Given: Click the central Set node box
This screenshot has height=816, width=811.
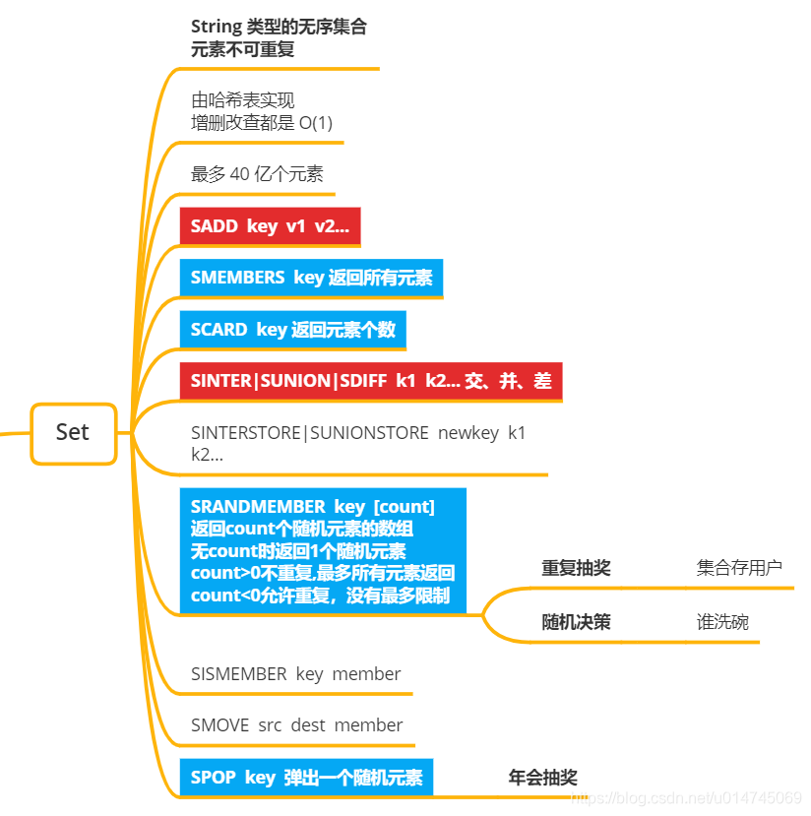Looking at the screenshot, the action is click(x=73, y=432).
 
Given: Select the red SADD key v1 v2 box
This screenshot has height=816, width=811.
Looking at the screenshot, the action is click(x=270, y=226).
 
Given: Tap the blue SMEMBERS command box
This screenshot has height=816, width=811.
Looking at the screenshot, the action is click(x=311, y=278).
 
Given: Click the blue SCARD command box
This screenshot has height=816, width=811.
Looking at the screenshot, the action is click(x=292, y=330).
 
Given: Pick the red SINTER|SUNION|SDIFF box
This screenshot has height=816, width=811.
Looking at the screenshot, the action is click(x=370, y=381).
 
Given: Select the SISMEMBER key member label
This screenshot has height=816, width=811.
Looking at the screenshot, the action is click(x=295, y=674).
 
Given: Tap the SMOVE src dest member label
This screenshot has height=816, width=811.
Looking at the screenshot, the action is click(x=296, y=725).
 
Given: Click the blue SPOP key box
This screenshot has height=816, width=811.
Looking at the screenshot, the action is click(x=306, y=778).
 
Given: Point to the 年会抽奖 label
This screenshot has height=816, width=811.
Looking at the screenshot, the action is click(x=542, y=778).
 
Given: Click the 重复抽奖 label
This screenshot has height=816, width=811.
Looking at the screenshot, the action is click(x=576, y=568).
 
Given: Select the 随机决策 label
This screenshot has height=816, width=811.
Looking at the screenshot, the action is click(x=576, y=622).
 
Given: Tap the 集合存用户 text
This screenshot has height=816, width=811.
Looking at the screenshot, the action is click(x=739, y=568).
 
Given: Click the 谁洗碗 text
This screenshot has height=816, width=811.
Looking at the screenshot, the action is click(x=722, y=622).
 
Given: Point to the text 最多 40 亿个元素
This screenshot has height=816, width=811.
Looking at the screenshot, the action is click(x=257, y=174).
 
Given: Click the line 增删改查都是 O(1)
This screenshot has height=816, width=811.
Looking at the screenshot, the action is click(x=267, y=123).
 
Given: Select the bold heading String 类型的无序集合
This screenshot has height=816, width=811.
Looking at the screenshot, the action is click(x=279, y=28).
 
